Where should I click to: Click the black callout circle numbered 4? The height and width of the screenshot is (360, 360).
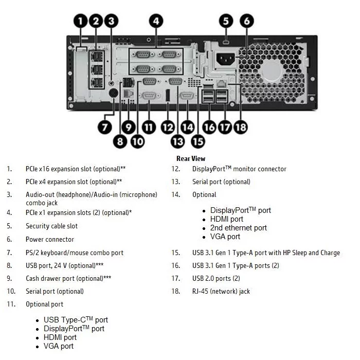[156, 21]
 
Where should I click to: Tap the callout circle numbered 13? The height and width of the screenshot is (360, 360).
[178, 141]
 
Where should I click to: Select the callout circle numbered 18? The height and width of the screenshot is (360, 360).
[241, 128]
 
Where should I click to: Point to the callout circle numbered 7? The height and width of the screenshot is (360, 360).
[105, 128]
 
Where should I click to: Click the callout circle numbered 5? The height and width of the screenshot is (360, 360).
[226, 21]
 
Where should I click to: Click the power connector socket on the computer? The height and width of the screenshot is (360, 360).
[226, 59]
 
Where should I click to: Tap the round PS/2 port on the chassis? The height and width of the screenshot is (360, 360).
[113, 94]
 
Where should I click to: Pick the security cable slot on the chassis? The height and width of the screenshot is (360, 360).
[226, 43]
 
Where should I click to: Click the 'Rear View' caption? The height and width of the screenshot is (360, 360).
[191, 158]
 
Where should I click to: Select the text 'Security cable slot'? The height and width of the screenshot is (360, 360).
[51, 226]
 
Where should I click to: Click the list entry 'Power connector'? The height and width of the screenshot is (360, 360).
[50, 239]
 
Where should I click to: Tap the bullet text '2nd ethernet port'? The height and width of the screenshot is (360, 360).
[239, 228]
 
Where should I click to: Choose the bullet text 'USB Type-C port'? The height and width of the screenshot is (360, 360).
[76, 320]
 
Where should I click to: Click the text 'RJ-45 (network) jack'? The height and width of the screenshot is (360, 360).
[221, 291]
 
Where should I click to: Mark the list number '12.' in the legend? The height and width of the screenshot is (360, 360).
[176, 169]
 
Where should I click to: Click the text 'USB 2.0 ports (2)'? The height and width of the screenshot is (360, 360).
[216, 278]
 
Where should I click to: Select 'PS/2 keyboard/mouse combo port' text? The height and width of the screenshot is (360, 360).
[75, 253]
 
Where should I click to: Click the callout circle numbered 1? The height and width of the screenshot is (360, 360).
[80, 21]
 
